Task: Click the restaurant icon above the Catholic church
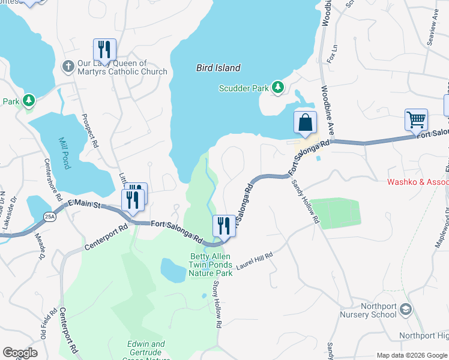click(104, 50)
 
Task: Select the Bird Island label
click(218, 68)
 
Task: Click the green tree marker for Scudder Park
click(277, 88)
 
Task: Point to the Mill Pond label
click(64, 152)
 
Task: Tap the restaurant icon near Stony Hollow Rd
click(224, 227)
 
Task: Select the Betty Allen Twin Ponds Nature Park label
click(210, 265)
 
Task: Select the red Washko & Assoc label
click(420, 182)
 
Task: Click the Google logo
click(20, 353)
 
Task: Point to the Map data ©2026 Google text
click(411, 355)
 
